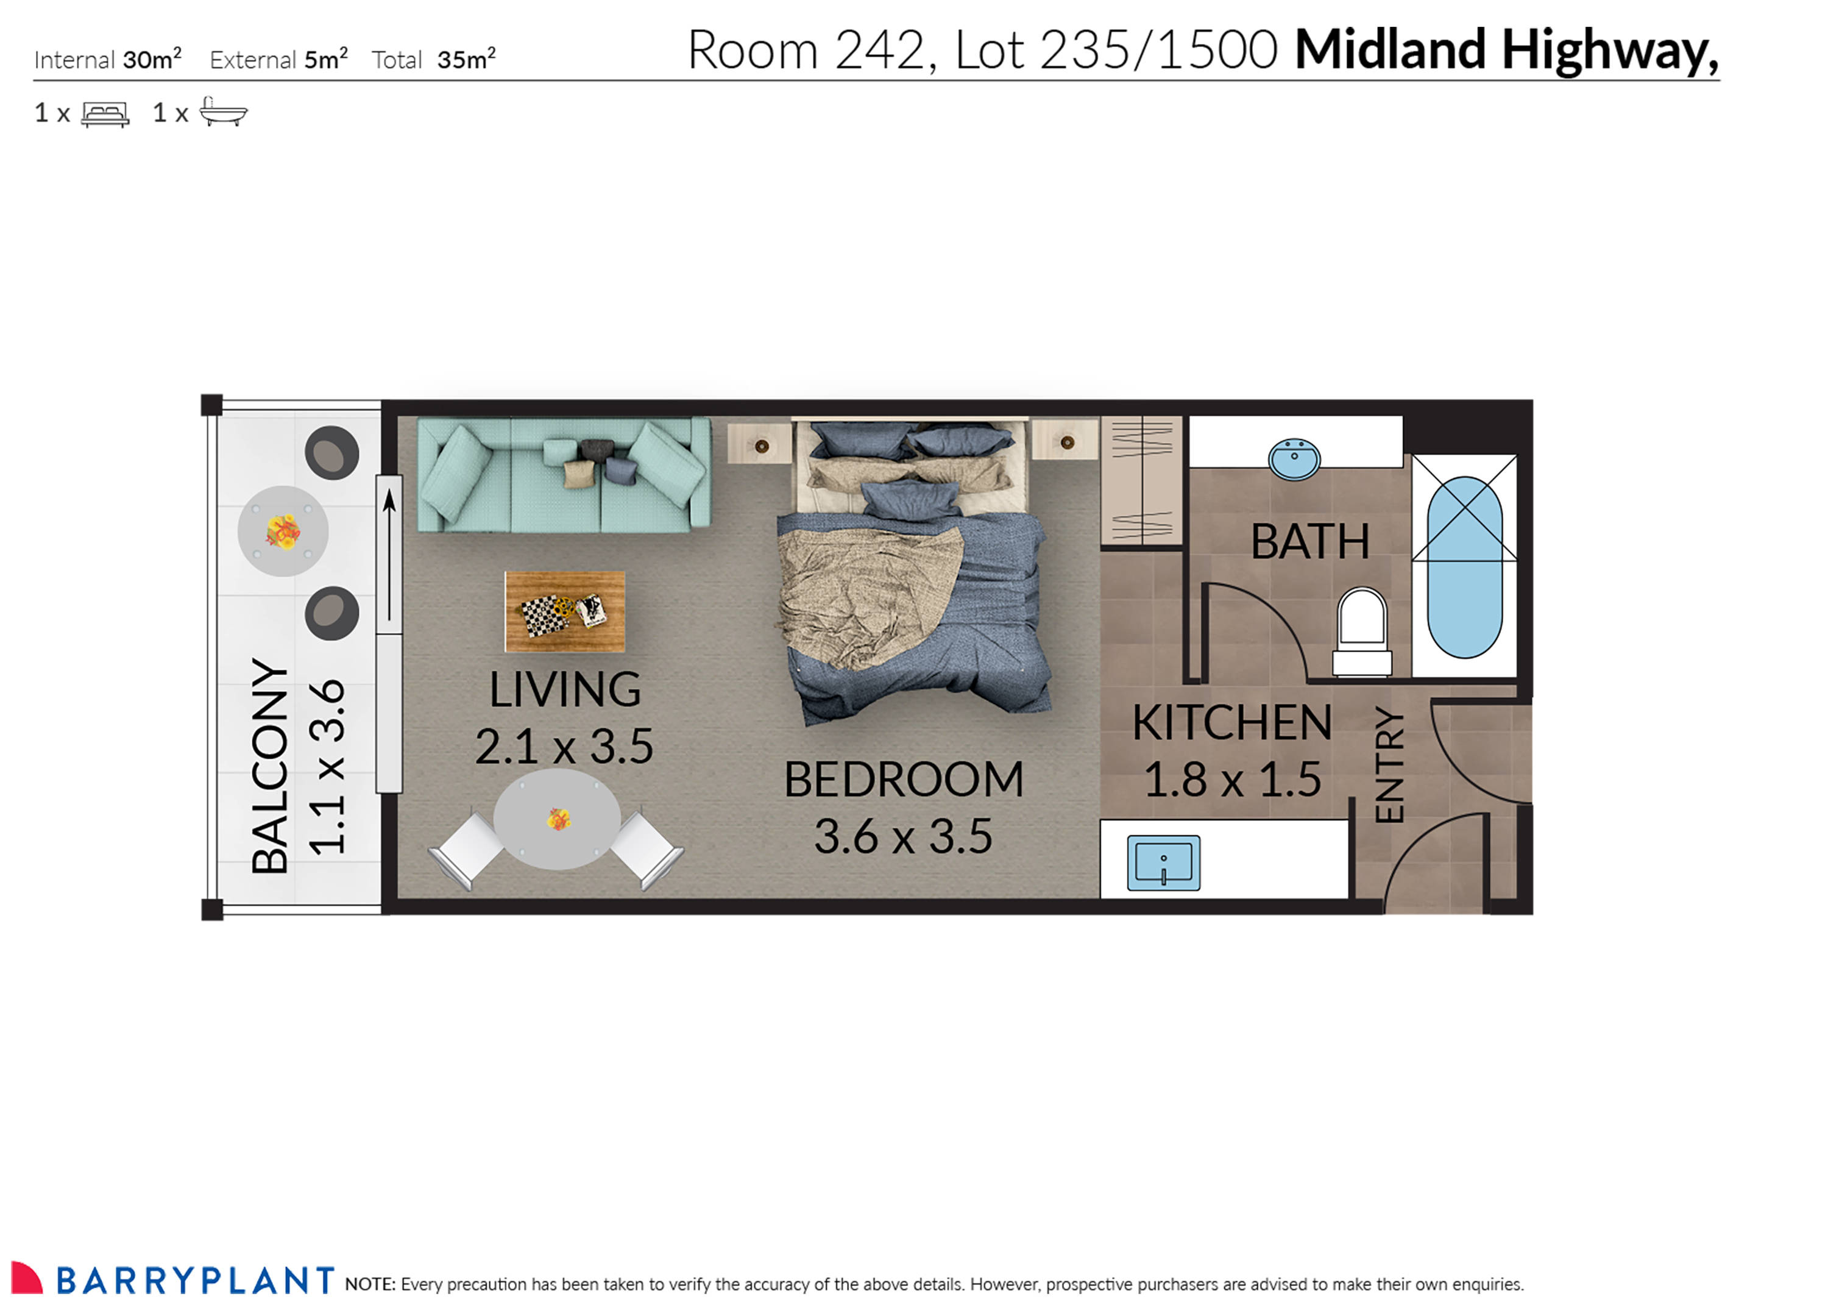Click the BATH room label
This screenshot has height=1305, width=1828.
point(1309,542)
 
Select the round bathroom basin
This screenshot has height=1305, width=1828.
point(1293,459)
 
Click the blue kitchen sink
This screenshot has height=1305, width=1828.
point(1163,863)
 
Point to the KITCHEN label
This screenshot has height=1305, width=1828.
point(1231,722)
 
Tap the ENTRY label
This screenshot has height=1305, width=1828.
point(1389,765)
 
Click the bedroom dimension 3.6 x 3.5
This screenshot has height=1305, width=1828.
point(904,836)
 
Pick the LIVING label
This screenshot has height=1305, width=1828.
point(565,689)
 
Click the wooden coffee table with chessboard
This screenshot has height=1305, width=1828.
point(565,611)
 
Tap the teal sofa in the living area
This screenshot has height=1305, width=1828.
point(563,475)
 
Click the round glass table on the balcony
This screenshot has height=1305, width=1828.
point(283,531)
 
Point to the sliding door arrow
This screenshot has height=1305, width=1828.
point(389,555)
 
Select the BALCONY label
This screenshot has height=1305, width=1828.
point(270,765)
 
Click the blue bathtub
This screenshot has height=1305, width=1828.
point(1464,566)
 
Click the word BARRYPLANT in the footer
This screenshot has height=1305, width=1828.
point(195,1281)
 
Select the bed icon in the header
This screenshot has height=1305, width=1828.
point(105,113)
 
